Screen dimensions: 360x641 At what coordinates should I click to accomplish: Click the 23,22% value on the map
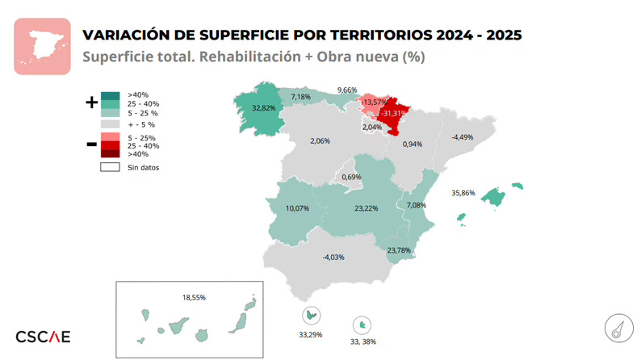click(x=366, y=208)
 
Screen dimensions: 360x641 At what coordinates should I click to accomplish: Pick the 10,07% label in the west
click(x=297, y=208)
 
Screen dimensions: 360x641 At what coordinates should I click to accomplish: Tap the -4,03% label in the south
click(x=333, y=257)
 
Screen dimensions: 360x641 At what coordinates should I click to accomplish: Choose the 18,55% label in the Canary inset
click(x=194, y=298)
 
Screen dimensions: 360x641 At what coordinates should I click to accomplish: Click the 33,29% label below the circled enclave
click(x=311, y=334)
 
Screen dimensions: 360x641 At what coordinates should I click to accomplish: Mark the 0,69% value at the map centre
click(x=351, y=177)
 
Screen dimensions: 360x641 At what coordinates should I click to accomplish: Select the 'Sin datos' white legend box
click(x=110, y=167)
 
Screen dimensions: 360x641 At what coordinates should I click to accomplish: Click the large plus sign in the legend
click(x=90, y=103)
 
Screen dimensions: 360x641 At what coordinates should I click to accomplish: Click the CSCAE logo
click(x=44, y=336)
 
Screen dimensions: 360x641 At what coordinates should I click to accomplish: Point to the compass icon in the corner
click(x=618, y=329)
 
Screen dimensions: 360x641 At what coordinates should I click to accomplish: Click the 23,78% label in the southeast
click(x=399, y=250)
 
